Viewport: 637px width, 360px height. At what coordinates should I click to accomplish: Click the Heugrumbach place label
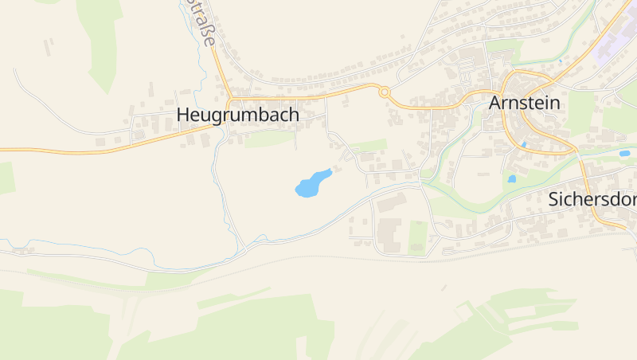coord(237,115)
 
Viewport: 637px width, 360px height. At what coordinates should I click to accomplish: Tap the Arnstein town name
coord(525,104)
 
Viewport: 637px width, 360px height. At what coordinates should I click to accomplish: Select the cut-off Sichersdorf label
coord(592,199)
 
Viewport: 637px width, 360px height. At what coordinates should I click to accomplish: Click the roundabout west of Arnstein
coord(385,92)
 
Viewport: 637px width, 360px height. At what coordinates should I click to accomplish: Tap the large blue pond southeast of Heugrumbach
coord(311,184)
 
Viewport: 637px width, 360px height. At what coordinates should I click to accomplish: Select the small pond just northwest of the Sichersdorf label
coord(511,179)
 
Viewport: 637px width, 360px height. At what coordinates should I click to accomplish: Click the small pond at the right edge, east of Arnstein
coord(624,153)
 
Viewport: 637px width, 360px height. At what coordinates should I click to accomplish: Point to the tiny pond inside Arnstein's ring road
coord(524,144)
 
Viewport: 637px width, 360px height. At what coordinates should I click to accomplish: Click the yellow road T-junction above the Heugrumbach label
coord(229,99)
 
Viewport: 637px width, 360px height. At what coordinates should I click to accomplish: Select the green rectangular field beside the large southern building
coord(417,237)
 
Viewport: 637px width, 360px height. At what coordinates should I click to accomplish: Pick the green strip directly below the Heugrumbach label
coord(268,140)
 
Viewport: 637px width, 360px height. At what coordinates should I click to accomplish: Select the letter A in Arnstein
coord(495,104)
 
